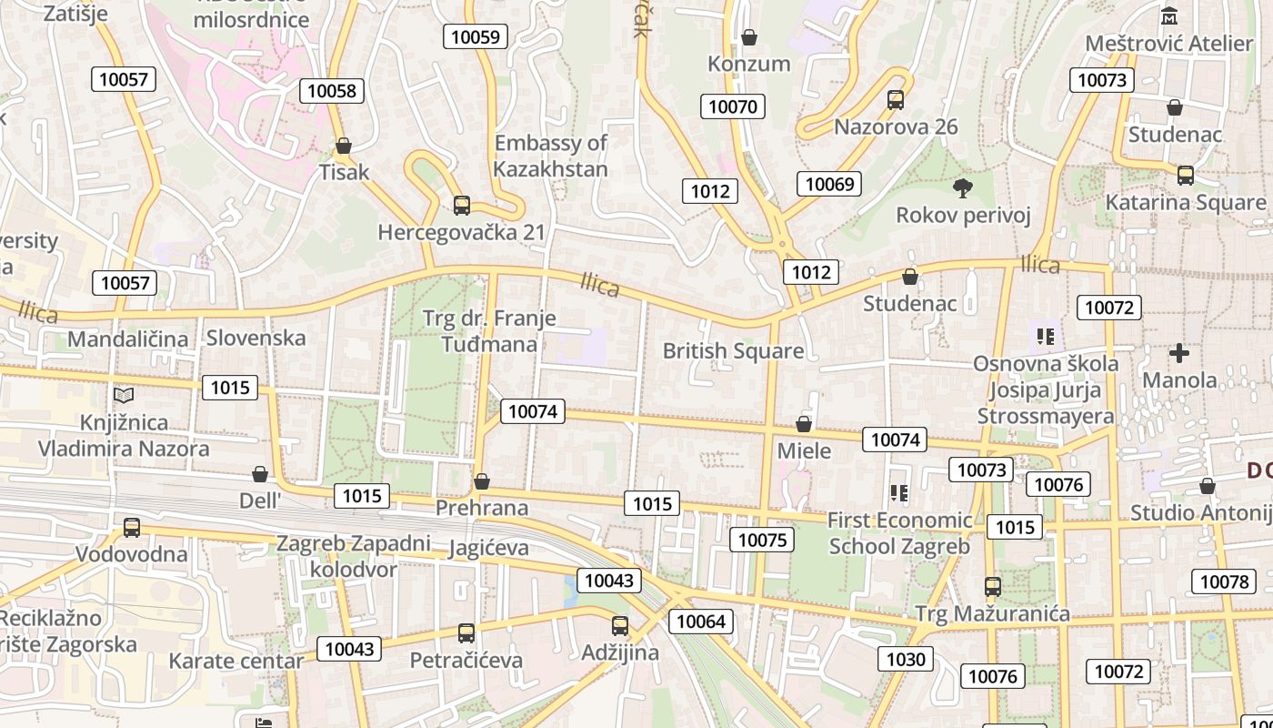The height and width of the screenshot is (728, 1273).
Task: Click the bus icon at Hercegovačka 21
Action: click(x=462, y=206)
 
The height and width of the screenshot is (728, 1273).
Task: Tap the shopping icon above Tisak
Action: click(x=344, y=146)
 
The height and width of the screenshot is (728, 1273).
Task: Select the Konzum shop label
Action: click(x=749, y=64)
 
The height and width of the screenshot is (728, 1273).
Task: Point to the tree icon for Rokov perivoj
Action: click(x=963, y=188)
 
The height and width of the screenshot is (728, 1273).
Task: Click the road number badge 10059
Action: click(x=476, y=36)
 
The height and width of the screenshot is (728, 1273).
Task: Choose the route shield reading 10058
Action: click(x=332, y=90)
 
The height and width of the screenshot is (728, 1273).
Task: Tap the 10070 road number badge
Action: click(x=733, y=106)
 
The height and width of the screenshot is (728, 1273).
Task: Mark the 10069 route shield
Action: click(x=829, y=184)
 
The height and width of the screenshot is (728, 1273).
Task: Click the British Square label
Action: click(x=733, y=350)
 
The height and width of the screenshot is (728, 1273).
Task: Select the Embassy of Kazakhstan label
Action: click(x=551, y=156)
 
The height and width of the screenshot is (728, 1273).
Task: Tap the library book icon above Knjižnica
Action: click(x=124, y=395)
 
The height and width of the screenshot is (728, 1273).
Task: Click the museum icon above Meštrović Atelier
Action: click(x=1169, y=15)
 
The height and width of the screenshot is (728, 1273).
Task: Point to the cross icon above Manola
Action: click(x=1179, y=352)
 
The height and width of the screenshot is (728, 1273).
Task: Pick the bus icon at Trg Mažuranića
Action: click(x=993, y=587)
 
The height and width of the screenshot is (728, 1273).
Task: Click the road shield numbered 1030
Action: click(x=906, y=660)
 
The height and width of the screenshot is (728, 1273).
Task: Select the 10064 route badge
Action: click(x=701, y=622)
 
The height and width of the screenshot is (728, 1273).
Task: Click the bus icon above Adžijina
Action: click(x=620, y=626)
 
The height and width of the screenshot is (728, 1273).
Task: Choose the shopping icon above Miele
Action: click(x=804, y=424)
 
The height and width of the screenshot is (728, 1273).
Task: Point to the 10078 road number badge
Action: click(x=1224, y=581)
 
